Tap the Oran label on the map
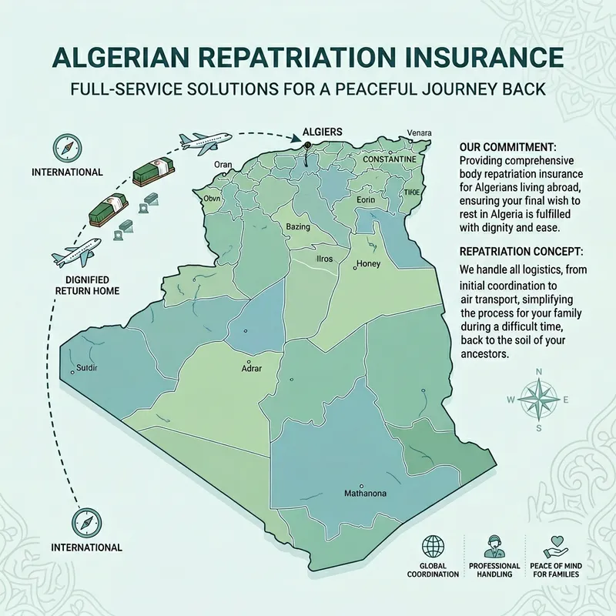(x=223, y=164)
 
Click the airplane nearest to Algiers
(x=205, y=141)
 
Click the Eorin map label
(x=366, y=199)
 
